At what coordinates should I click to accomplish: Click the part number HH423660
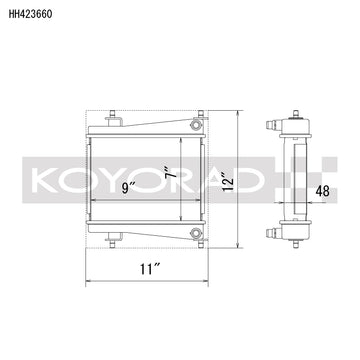(30, 14)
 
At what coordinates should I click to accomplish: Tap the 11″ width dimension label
(147, 269)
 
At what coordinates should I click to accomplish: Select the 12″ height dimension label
(228, 180)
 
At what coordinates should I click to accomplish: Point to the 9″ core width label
(128, 188)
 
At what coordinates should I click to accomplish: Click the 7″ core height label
(171, 172)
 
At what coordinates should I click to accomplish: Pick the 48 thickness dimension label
(322, 191)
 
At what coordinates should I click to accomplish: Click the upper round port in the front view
(195, 125)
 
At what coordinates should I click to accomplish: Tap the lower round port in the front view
(195, 233)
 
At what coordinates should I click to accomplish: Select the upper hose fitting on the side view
(274, 126)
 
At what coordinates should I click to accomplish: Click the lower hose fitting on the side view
(274, 233)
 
